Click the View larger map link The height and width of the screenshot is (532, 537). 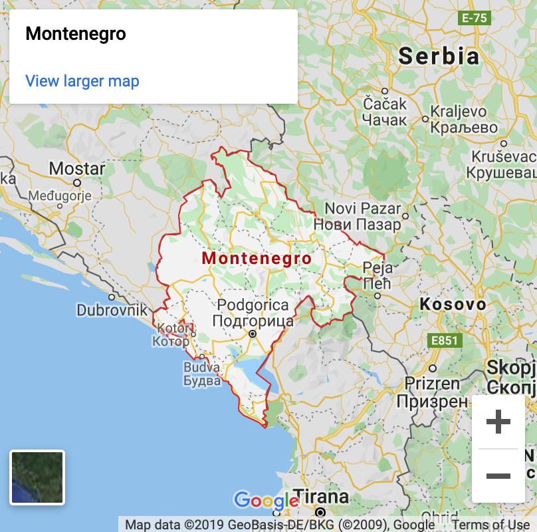82,81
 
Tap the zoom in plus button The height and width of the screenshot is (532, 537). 498,422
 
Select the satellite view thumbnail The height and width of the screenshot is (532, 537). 37,477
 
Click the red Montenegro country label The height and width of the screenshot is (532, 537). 257,258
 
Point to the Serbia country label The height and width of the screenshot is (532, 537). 439,56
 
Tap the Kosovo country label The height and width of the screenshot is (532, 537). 453,305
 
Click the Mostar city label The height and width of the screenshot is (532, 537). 77,168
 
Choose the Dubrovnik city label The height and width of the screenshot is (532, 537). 112,310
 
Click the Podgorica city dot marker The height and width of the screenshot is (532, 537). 252,334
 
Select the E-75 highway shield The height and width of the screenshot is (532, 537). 475,18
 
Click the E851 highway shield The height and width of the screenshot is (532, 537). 445,340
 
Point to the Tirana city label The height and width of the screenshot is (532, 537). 321,497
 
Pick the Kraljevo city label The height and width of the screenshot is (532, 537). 464,111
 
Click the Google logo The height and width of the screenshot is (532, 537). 265,501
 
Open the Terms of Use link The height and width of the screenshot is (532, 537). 492,525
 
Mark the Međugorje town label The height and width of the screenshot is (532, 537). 60,196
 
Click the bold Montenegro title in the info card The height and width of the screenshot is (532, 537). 75,34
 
